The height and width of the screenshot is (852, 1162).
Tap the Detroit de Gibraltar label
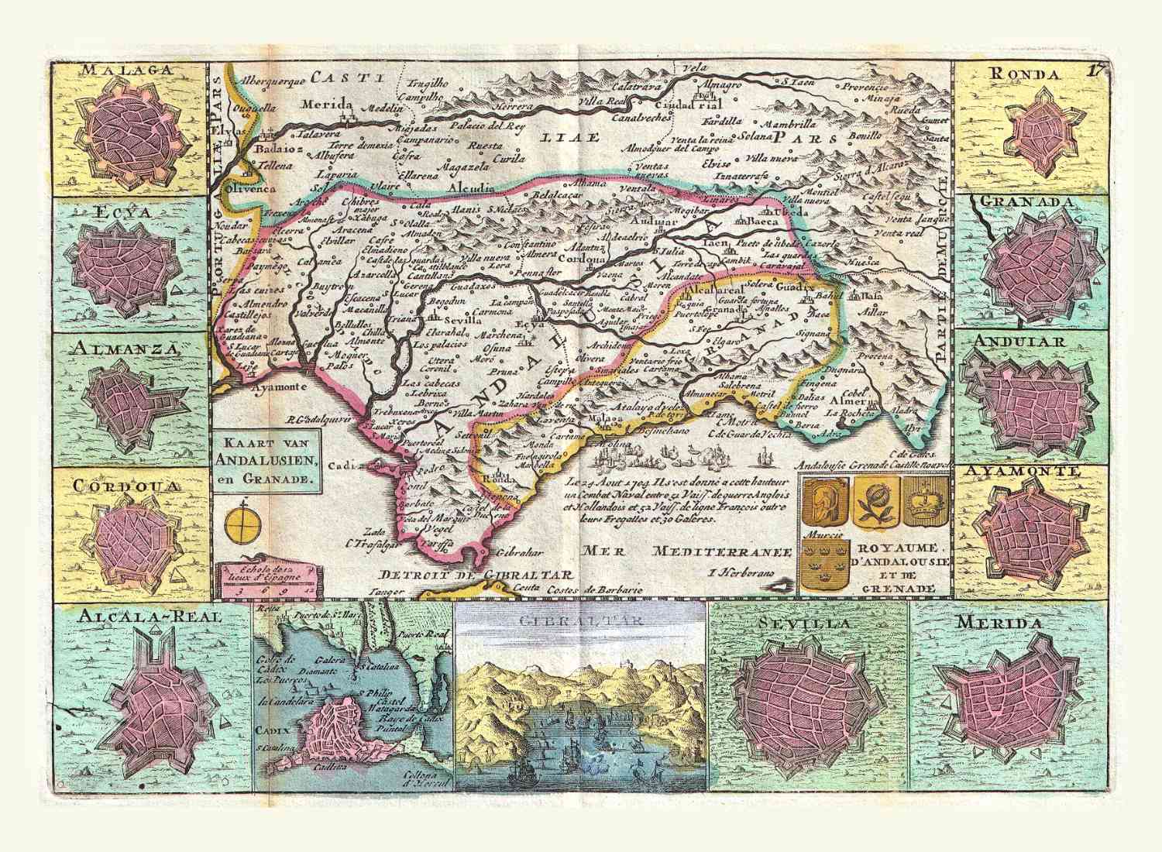pos(475,575)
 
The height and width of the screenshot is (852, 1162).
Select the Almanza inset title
pos(127,348)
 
